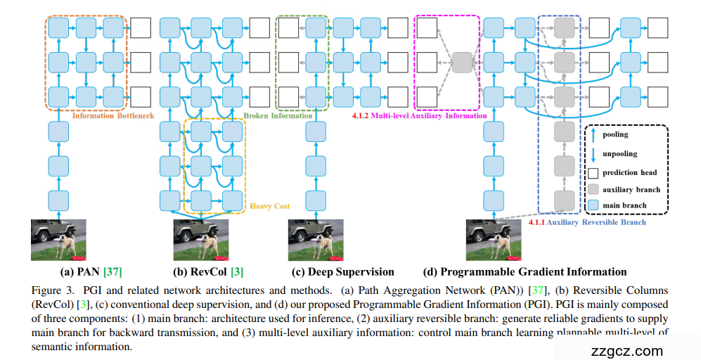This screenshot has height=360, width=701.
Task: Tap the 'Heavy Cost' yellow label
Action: pyautogui.click(x=270, y=207)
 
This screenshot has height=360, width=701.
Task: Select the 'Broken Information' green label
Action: pyautogui.click(x=278, y=115)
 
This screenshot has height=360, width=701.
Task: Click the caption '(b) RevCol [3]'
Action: pyautogui.click(x=209, y=271)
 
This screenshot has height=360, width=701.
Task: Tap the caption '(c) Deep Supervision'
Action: pyautogui.click(x=342, y=271)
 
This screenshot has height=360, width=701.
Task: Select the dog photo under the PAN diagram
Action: pyautogui.click(x=58, y=240)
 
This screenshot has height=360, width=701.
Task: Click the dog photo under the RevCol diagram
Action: pyautogui.click(x=201, y=240)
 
